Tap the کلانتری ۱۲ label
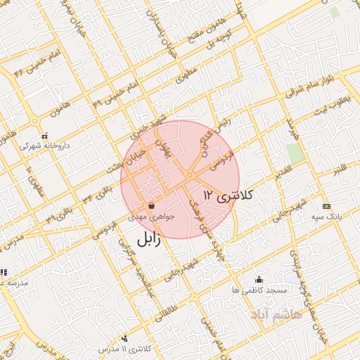227,194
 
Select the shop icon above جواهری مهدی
152,206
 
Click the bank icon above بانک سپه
326,206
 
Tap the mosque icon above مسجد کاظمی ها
259,279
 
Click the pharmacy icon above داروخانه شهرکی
44,135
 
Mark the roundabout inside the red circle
190,175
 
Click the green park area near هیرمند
295,153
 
